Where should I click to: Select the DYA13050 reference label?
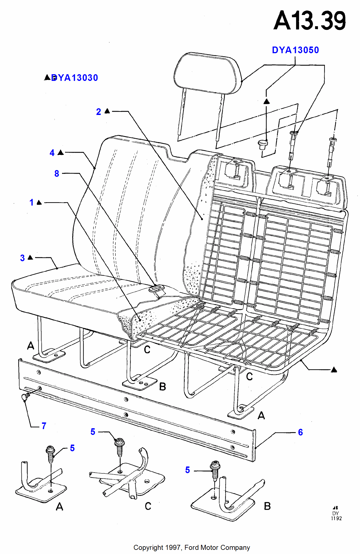295,50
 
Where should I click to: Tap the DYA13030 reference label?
74,78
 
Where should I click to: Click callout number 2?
99,112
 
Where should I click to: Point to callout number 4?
52,153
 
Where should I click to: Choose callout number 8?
57,173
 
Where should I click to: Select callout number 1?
32,202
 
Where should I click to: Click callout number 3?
22,258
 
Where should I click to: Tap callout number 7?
44,426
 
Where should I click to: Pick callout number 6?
300,432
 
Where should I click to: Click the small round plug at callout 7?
25,397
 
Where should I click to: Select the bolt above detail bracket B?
215,470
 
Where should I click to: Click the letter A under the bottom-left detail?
60,507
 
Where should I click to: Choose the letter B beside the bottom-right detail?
267,506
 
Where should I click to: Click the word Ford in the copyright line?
192,548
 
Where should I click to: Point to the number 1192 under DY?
336,519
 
